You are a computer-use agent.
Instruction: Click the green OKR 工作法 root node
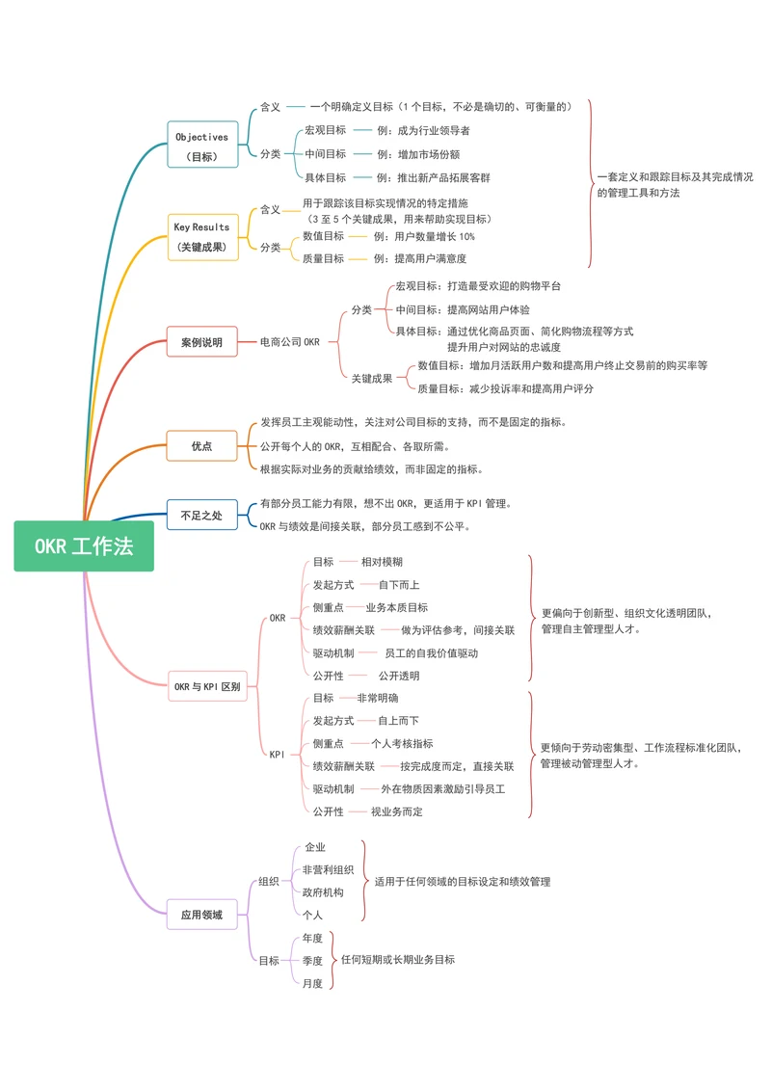(x=84, y=546)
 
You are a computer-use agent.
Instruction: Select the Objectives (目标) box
(x=201, y=146)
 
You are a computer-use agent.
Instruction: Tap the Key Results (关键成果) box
(x=201, y=237)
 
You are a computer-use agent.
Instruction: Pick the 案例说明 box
(x=201, y=342)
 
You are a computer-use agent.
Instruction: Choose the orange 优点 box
(x=201, y=446)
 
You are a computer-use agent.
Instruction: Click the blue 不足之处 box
(x=201, y=516)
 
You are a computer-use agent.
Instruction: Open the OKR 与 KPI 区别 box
(x=206, y=687)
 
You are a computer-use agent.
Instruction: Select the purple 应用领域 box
(x=201, y=915)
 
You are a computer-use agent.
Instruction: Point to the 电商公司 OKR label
(x=290, y=342)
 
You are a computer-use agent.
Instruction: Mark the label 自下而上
(x=399, y=585)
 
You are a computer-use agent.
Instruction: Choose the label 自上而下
(x=398, y=721)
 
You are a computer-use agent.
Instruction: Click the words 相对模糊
(x=383, y=562)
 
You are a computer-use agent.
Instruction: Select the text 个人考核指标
(x=402, y=744)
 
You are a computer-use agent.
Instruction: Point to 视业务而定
(x=396, y=812)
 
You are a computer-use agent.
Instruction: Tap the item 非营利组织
(x=328, y=870)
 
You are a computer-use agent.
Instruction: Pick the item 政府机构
(x=323, y=892)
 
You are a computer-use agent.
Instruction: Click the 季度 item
(x=312, y=961)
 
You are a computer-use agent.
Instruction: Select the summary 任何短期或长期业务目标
(x=398, y=960)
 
